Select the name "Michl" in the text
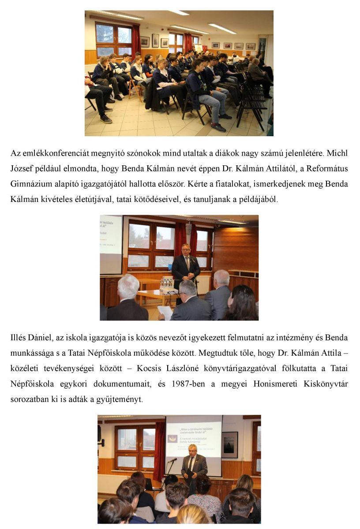(337, 155)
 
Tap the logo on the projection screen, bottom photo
(172, 438)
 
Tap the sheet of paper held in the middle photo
(165, 312)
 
